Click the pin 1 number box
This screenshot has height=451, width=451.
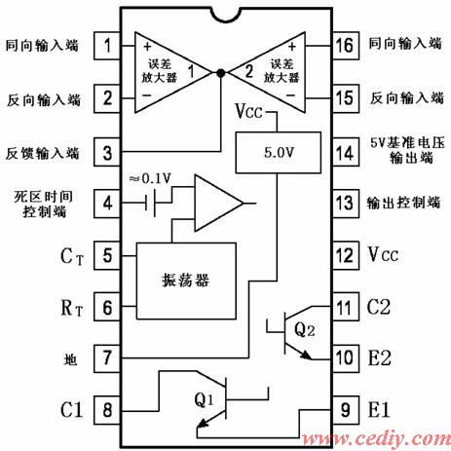107,46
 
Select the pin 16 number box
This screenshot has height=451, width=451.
346,46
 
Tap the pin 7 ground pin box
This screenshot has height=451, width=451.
107,358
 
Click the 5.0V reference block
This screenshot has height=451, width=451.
279,152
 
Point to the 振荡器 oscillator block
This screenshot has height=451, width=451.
186,281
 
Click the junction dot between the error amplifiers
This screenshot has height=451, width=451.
221,73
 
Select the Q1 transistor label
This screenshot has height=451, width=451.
205,399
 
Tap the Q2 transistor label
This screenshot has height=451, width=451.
305,329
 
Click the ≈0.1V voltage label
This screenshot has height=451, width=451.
150,178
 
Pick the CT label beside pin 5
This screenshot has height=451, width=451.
72,256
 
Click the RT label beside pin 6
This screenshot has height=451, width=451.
72,307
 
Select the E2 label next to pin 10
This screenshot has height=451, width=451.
379,358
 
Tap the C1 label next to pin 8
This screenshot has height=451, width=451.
71,409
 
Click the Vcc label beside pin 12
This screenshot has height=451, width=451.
383,254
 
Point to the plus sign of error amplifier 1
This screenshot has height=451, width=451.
147,47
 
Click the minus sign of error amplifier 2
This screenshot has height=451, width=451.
290,95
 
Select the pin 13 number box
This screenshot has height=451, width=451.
346,204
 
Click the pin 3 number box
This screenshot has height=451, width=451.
107,152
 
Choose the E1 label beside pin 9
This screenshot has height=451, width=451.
379,409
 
